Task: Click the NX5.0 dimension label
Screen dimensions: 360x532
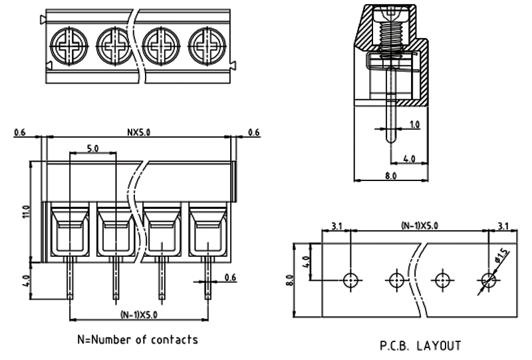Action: pyautogui.click(x=138, y=132)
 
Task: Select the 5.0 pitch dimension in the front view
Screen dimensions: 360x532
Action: pyautogui.click(x=92, y=148)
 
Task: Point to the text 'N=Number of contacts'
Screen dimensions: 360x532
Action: pyautogui.click(x=138, y=339)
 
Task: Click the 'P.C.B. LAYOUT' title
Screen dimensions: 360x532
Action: pyautogui.click(x=420, y=345)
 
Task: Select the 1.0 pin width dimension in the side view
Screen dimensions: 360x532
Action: pyautogui.click(x=414, y=124)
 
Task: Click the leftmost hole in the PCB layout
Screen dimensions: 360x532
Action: pyautogui.click(x=351, y=279)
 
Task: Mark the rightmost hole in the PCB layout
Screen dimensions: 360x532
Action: pyautogui.click(x=488, y=279)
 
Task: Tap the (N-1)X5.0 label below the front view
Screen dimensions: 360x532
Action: pyautogui.click(x=138, y=314)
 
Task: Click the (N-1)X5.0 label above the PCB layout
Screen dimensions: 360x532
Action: pyautogui.click(x=420, y=226)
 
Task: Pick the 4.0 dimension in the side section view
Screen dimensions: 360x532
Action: pyautogui.click(x=410, y=158)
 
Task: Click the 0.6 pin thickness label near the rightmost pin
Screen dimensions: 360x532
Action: pyautogui.click(x=230, y=277)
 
